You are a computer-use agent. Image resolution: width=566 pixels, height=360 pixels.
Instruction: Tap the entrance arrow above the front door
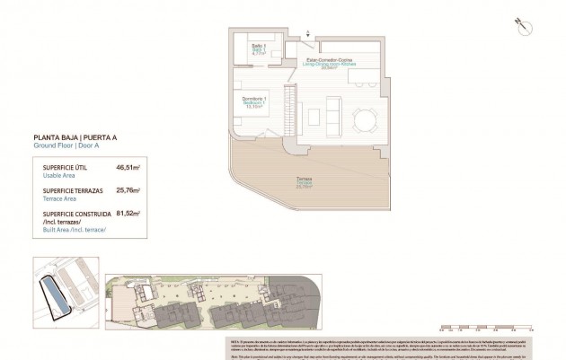pos(310,33)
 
